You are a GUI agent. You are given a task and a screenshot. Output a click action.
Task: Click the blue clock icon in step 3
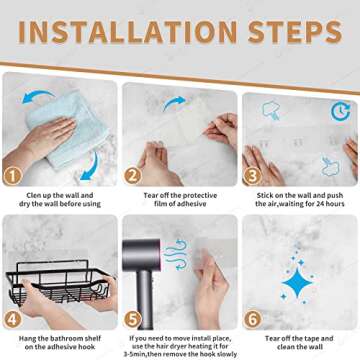point(340,108)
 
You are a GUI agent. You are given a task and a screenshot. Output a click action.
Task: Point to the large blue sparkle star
point(297,283)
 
